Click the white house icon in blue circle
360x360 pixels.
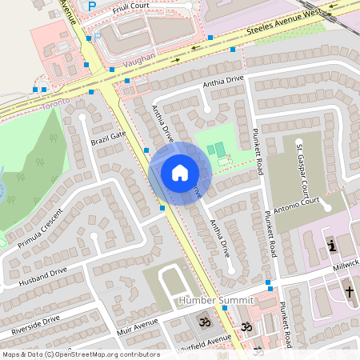coord(179,173)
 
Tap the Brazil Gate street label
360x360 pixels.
coord(109,138)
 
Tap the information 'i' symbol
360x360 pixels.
coord(332,244)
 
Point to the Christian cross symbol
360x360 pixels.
coord(349,292)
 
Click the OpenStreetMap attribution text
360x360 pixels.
coord(80,354)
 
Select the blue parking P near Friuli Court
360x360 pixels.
coord(91,6)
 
